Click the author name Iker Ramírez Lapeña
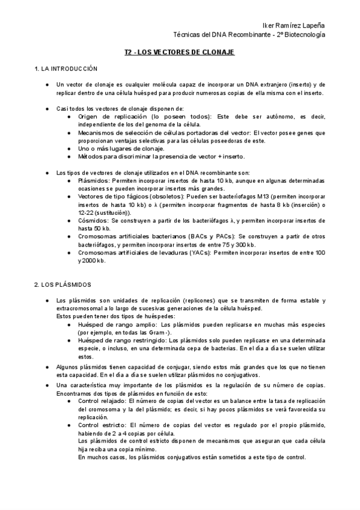[x=294, y=26]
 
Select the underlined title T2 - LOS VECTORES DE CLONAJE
[x=180, y=53]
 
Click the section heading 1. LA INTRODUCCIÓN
[x=66, y=70]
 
